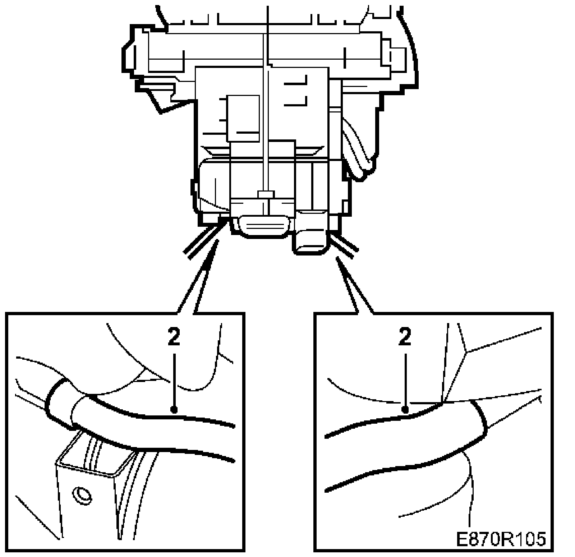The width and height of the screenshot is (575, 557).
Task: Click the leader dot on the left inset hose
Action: pos(174,409)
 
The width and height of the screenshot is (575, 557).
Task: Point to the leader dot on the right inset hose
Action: pos(405,409)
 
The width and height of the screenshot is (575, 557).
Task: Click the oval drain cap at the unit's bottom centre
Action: pos(264,225)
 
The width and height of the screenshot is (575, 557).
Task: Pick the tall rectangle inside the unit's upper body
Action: pos(243,118)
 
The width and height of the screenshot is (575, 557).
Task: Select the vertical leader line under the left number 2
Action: pos(174,381)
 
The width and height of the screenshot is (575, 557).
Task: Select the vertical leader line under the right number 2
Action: pos(405,381)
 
